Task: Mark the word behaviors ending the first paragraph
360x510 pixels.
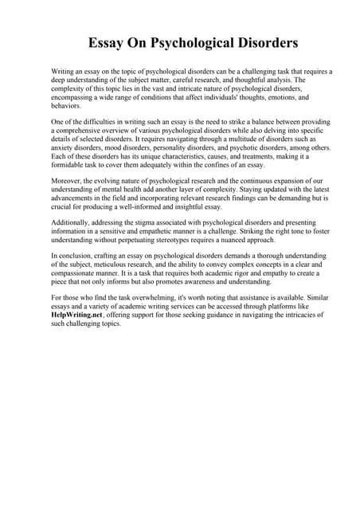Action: click(65, 105)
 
